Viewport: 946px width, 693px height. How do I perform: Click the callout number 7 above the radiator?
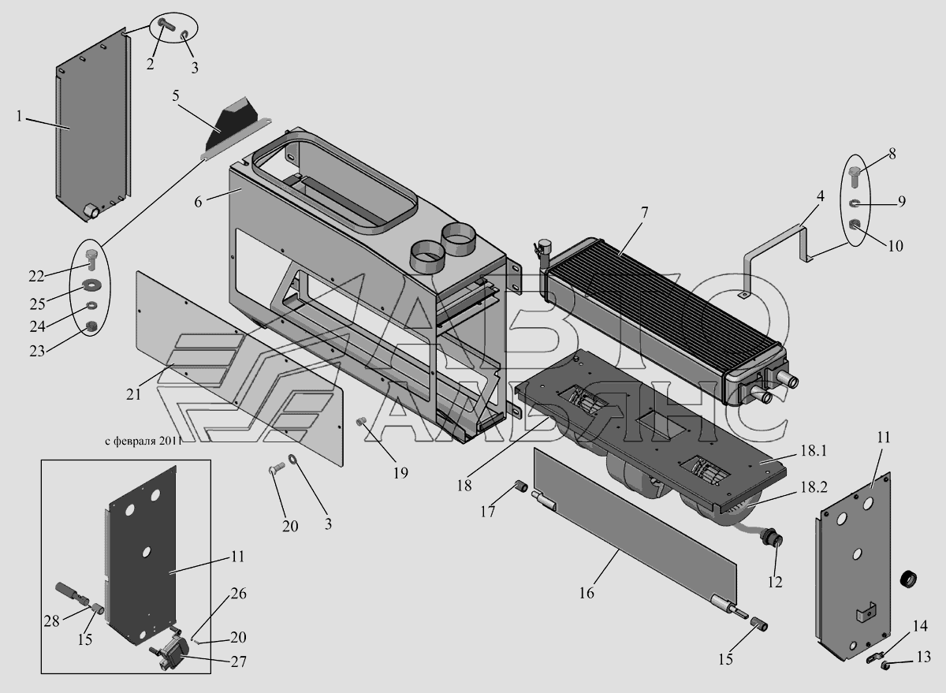644,213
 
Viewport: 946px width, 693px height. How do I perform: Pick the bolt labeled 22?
90,256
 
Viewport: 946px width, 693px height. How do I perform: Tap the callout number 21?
133,393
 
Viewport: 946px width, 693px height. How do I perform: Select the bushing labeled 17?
520,486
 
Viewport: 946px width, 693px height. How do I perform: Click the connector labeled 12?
775,542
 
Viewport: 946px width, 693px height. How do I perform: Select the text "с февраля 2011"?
143,442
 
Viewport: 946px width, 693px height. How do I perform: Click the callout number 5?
176,96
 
